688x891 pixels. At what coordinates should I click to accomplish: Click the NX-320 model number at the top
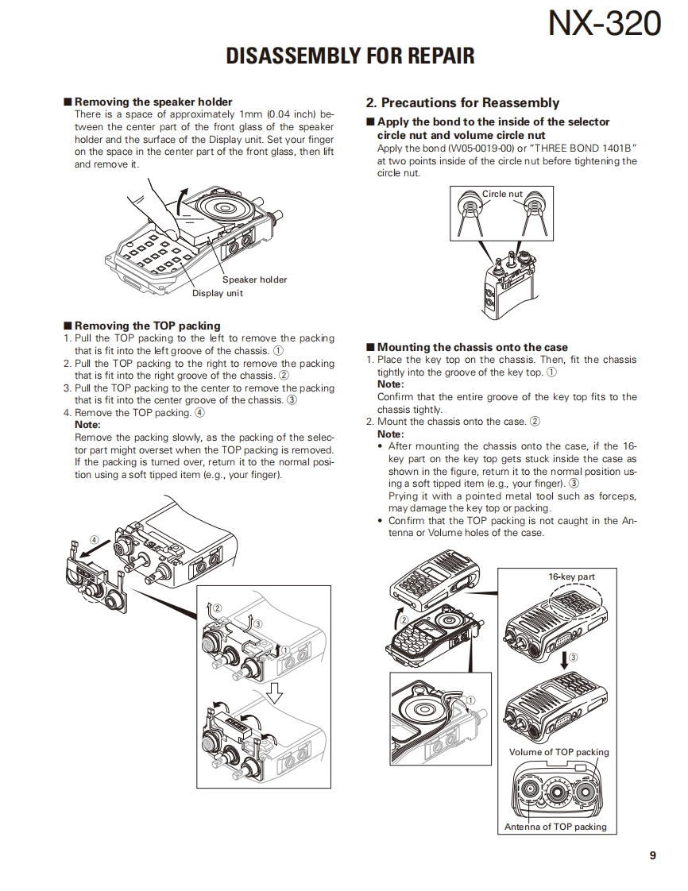(x=604, y=25)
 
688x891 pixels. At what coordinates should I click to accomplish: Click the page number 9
(x=652, y=855)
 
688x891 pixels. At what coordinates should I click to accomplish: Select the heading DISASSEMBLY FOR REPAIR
(x=350, y=56)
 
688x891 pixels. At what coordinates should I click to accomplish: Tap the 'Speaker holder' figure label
(x=254, y=280)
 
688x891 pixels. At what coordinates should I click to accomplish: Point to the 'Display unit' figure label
(x=217, y=294)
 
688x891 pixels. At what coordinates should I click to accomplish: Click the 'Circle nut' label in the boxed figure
(x=502, y=194)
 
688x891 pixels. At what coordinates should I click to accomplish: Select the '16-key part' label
(x=572, y=577)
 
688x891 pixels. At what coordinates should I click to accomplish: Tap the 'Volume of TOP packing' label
(x=559, y=752)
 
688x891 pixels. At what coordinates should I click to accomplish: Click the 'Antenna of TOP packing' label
(x=555, y=827)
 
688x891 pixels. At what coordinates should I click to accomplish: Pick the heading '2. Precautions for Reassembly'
(x=462, y=102)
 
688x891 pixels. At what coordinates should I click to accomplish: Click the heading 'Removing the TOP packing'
(x=147, y=326)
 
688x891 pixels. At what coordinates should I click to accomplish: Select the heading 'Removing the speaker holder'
(x=153, y=102)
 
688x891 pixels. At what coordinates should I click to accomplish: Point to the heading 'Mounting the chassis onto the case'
(x=472, y=347)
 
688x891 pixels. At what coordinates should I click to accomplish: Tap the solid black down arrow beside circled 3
(x=565, y=658)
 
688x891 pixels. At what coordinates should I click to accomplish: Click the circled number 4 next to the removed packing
(x=95, y=539)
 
